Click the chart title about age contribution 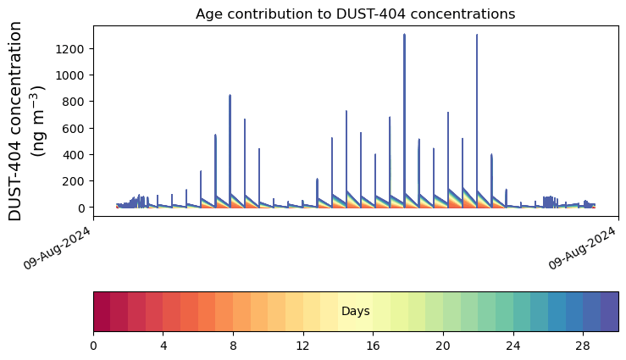(x=355, y=14)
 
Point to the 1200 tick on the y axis (x=72, y=49)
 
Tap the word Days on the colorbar (x=355, y=312)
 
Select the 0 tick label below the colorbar (x=93, y=346)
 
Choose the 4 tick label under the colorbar (x=163, y=346)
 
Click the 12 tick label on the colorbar (x=303, y=346)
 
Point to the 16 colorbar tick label (x=373, y=346)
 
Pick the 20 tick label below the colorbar (x=443, y=346)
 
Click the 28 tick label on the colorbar (x=583, y=346)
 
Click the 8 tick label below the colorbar (x=233, y=346)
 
